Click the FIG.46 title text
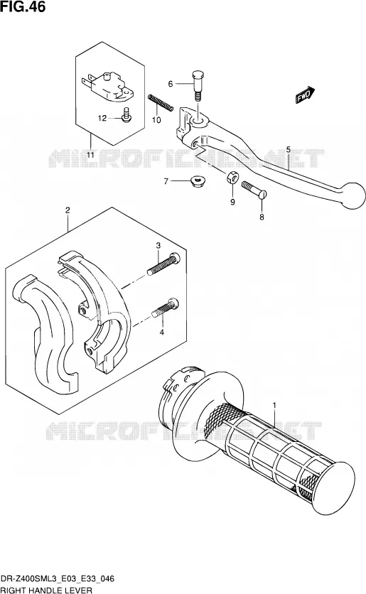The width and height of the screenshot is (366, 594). pyautogui.click(x=23, y=6)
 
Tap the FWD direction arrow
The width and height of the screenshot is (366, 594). pyautogui.click(x=306, y=94)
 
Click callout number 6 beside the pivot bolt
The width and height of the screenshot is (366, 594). pyautogui.click(x=171, y=84)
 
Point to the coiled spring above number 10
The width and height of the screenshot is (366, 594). pyautogui.click(x=161, y=102)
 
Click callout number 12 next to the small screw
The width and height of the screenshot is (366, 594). pyautogui.click(x=102, y=118)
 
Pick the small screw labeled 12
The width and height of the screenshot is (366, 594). pyautogui.click(x=127, y=115)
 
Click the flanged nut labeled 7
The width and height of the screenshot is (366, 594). pyautogui.click(x=196, y=182)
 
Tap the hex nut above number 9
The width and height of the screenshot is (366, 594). pyautogui.click(x=232, y=178)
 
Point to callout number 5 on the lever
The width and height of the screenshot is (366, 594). pyautogui.click(x=289, y=150)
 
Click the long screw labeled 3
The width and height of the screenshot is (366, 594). pyautogui.click(x=163, y=264)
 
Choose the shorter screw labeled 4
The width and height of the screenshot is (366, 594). pyautogui.click(x=165, y=308)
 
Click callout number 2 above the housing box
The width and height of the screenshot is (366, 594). pyautogui.click(x=68, y=210)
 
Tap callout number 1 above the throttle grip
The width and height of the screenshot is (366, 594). pyautogui.click(x=274, y=406)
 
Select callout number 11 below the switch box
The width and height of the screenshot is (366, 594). pyautogui.click(x=90, y=155)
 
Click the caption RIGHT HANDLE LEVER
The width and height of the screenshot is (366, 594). pyautogui.click(x=47, y=590)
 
